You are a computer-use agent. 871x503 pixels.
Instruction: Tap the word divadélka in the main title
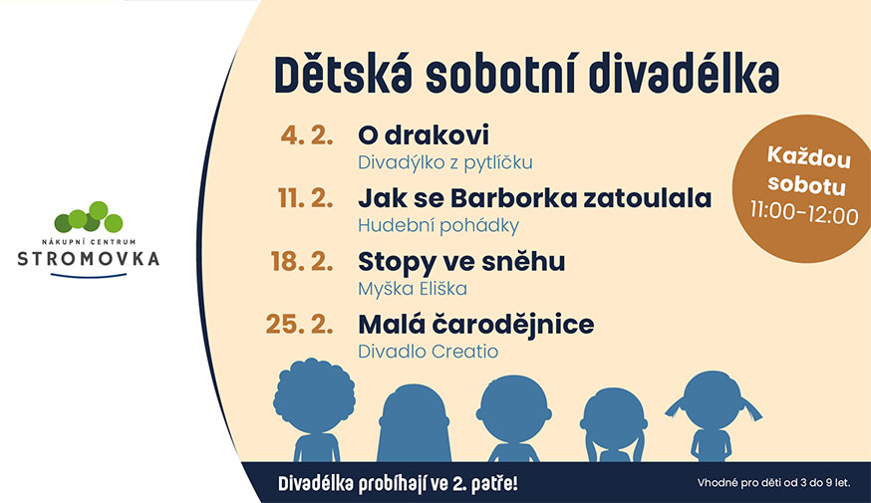point(684,74)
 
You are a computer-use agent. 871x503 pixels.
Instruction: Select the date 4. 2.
point(307,135)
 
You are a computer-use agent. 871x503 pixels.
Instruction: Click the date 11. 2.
point(306,198)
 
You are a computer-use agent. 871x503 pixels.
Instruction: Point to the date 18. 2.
point(302,262)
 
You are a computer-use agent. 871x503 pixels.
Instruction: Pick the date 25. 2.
point(299,325)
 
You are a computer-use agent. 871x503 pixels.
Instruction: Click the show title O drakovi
point(424,134)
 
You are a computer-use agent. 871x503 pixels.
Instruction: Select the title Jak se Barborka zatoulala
point(535,198)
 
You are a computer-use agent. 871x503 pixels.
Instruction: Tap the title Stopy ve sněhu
point(461,263)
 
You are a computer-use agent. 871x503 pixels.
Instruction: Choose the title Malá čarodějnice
point(476,325)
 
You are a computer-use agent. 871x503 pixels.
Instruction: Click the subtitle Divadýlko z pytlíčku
point(444,162)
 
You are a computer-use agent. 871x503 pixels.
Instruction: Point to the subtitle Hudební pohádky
point(438,226)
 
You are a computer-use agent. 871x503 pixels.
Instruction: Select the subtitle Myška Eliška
point(413,289)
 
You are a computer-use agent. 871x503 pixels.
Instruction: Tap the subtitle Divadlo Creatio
point(429,352)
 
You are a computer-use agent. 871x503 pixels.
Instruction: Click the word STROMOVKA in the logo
point(89,259)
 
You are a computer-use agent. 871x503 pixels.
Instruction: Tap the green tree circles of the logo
point(89,217)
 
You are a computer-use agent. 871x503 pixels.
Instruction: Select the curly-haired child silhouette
point(315,409)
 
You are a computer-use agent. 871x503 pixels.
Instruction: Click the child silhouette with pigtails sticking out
point(714,416)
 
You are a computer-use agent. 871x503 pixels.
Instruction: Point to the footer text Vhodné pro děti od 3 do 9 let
point(773,483)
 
